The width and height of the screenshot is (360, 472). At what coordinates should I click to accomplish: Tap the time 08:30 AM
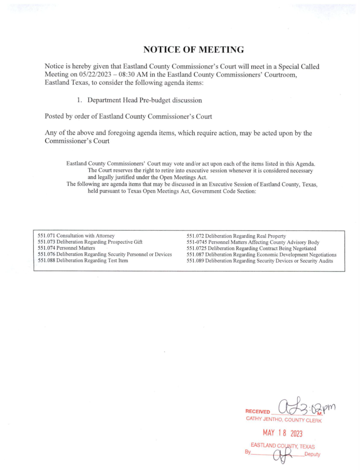point(170,75)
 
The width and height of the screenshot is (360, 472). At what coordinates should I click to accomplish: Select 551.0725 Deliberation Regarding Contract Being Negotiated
point(251,248)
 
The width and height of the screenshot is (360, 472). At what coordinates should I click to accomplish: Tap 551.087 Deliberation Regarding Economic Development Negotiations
point(261,255)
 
